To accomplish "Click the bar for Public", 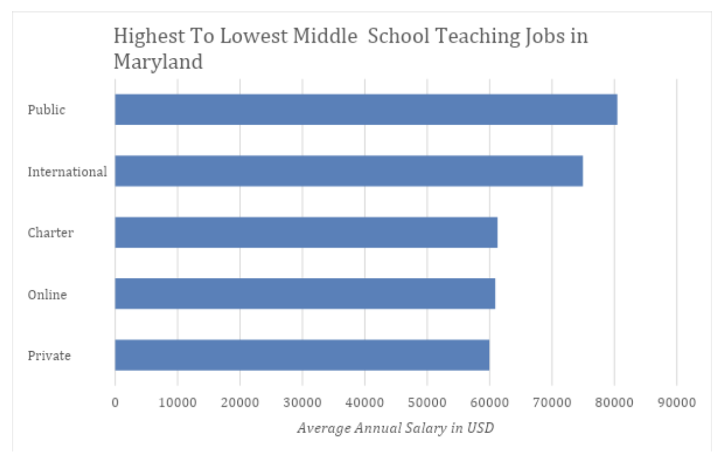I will [x=366, y=110].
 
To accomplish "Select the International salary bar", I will [x=348, y=171].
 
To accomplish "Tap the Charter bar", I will [x=306, y=232].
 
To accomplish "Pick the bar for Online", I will [x=305, y=293].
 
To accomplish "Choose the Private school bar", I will [x=302, y=355].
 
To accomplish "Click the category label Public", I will [x=47, y=110].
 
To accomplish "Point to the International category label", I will [x=67, y=172].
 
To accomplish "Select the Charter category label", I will [x=51, y=232].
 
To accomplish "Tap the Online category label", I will [x=47, y=294].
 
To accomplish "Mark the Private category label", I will [x=49, y=355].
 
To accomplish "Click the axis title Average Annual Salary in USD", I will [x=395, y=428].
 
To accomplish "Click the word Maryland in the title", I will [x=158, y=61].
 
